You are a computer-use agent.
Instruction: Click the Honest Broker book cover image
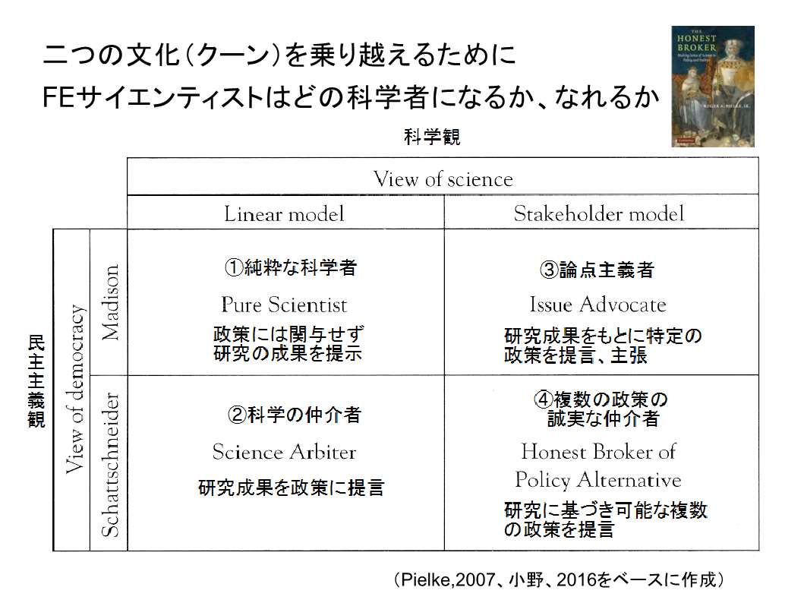713,86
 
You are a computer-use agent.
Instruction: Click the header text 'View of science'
443,179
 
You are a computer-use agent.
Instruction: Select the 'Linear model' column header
284,214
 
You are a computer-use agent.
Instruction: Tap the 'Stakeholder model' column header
599,213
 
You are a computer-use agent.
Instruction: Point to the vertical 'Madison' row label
110,302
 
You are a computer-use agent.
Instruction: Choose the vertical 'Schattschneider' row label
110,465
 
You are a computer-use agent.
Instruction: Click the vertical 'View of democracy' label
75,389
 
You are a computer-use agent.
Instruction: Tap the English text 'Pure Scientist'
284,305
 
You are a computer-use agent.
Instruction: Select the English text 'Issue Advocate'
597,305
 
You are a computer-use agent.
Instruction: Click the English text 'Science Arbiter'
284,452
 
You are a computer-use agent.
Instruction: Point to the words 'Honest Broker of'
598,451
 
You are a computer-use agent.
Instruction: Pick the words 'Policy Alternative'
598,480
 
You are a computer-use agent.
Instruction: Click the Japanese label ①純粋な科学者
290,267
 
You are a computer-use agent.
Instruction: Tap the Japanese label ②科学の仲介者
295,415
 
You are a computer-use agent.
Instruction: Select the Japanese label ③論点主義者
597,269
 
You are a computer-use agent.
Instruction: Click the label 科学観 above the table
432,137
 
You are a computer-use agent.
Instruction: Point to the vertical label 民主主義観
36,381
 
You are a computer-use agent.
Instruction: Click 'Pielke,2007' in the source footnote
448,580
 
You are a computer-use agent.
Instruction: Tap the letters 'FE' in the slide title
59,97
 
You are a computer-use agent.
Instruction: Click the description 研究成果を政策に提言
292,487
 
